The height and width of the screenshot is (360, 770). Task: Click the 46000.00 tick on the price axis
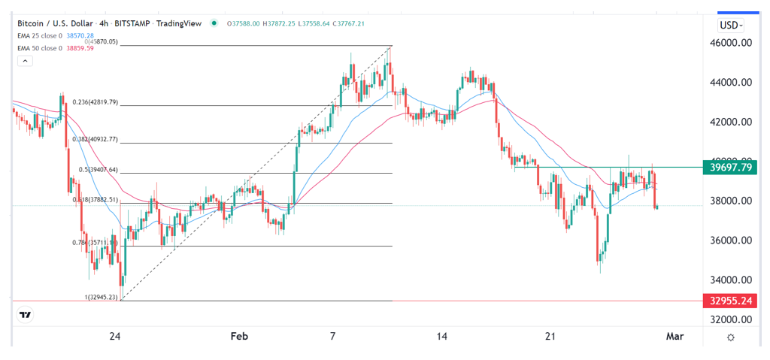[x=732, y=44]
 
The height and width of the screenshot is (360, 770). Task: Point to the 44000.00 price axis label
[x=732, y=83]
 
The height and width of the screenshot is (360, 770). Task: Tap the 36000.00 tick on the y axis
[x=732, y=241]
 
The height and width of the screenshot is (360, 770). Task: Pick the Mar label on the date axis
[x=675, y=336]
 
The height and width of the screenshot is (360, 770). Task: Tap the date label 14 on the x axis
[x=442, y=336]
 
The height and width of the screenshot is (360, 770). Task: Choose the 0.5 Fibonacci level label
[x=98, y=169]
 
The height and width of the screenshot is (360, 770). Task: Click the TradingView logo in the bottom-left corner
[x=26, y=316]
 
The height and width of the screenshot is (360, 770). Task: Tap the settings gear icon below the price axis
[x=731, y=337]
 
